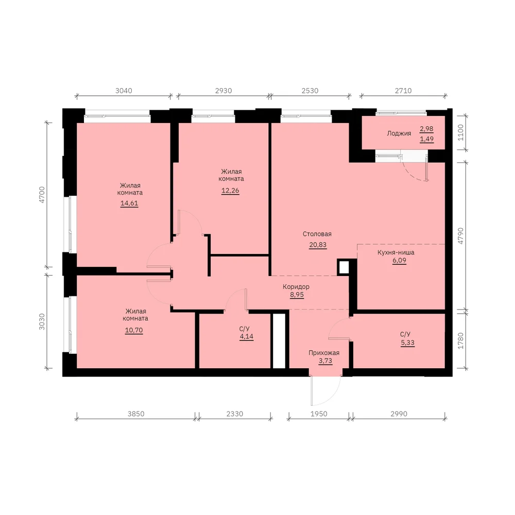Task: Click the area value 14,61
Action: [129, 203]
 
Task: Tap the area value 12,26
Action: [230, 191]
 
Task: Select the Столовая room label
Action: [317, 234]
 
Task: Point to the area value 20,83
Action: [318, 245]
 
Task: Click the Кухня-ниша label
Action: [396, 252]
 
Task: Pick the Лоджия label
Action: [399, 133]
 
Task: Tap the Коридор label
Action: [296, 287]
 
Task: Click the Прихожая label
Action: [324, 353]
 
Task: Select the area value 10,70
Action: [134, 330]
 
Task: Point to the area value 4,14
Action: [247, 336]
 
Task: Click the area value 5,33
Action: [407, 342]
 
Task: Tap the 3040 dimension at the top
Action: [124, 91]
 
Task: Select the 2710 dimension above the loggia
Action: [403, 91]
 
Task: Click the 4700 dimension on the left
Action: [42, 195]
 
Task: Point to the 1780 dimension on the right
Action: [460, 340]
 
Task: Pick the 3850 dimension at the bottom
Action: [136, 414]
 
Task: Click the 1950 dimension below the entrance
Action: [319, 414]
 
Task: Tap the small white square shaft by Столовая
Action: [344, 267]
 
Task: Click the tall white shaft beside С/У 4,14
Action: [279, 341]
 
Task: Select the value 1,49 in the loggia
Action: [426, 139]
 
